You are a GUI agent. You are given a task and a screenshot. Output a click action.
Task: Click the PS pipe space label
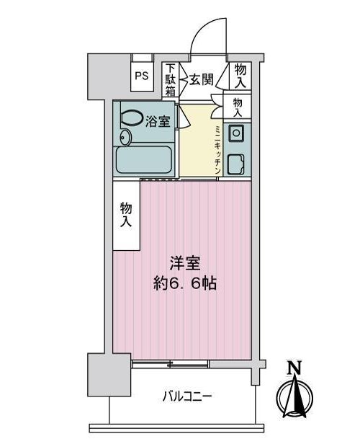[x=141, y=76]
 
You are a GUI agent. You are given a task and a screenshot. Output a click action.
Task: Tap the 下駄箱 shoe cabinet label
[x=170, y=80]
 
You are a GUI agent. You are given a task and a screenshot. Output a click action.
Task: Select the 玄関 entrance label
[x=201, y=79]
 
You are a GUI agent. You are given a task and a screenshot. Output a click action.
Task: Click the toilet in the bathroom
[x=132, y=117]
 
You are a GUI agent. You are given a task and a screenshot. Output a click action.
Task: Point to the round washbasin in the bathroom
[x=125, y=138]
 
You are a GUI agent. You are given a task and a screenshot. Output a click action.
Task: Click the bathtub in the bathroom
[x=143, y=160]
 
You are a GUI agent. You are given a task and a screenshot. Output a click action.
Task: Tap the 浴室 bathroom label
[x=158, y=122]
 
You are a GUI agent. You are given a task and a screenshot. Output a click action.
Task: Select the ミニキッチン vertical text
[x=217, y=149]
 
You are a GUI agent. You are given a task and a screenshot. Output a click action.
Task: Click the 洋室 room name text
[x=185, y=264]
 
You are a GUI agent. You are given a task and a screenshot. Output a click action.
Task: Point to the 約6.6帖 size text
[x=185, y=283]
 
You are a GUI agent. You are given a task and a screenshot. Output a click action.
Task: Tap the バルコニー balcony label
[x=187, y=396]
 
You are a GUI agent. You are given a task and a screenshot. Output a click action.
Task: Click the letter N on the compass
[x=294, y=368]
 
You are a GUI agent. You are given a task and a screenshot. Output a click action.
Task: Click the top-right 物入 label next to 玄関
[x=240, y=76]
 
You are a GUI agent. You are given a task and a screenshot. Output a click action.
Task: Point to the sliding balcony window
[x=171, y=364]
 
